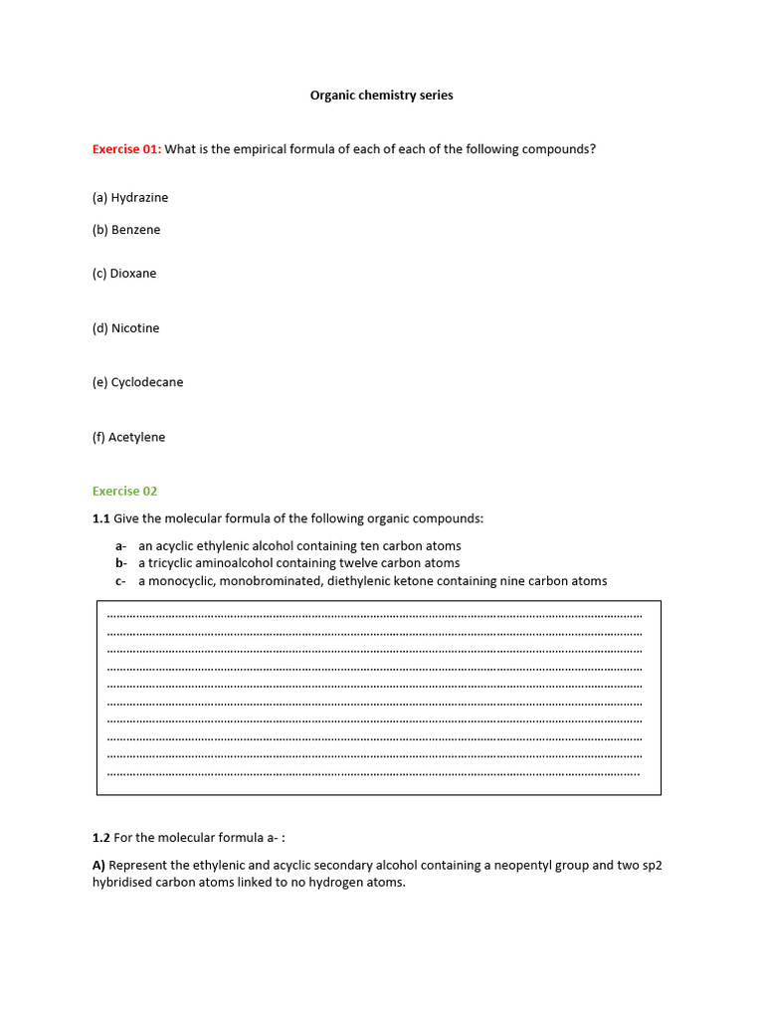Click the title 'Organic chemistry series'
(x=381, y=96)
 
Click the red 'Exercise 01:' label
(x=126, y=149)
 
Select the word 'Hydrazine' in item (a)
(x=139, y=197)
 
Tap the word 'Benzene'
(x=135, y=230)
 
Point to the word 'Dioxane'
(x=133, y=274)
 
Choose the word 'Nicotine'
(x=135, y=328)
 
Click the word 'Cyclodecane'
(x=146, y=382)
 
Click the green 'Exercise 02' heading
(x=124, y=491)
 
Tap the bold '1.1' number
(x=100, y=518)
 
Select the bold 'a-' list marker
(x=120, y=546)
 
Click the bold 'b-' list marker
(x=120, y=563)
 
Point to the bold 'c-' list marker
(x=120, y=581)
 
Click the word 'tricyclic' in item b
(x=173, y=563)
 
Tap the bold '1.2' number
(x=100, y=838)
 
